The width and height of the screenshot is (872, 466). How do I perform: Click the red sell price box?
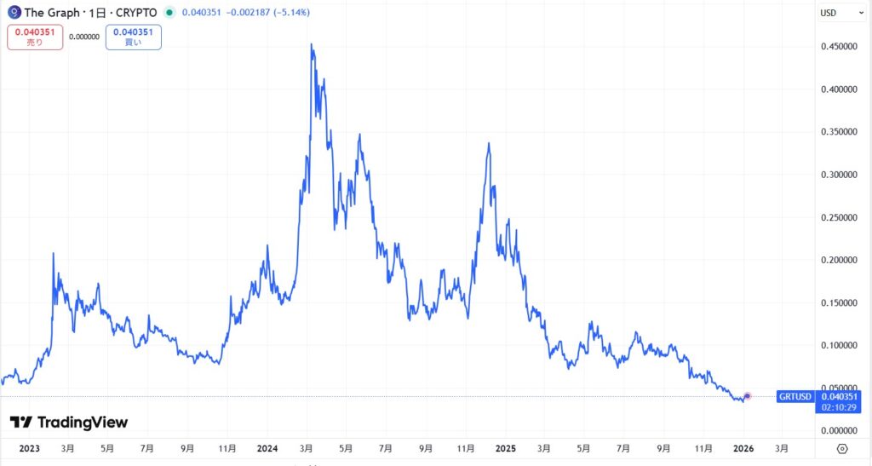click(35, 37)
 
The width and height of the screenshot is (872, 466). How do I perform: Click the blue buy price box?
click(134, 37)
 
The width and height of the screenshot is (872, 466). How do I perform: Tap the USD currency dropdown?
click(833, 13)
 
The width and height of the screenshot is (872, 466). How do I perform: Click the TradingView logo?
click(68, 422)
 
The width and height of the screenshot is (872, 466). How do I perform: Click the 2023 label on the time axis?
click(29, 448)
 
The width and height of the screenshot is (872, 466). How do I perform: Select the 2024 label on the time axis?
click(267, 448)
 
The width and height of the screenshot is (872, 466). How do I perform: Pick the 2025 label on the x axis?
click(506, 448)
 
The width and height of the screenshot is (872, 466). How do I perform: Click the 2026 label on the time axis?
click(743, 448)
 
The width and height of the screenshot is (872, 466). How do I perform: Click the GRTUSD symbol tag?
click(795, 397)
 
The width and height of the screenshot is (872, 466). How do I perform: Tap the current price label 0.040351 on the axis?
click(840, 396)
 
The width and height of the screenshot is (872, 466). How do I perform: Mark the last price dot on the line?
click(748, 395)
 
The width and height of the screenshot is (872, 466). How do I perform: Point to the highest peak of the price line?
click(312, 44)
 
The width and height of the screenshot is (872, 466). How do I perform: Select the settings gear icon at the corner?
click(842, 448)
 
